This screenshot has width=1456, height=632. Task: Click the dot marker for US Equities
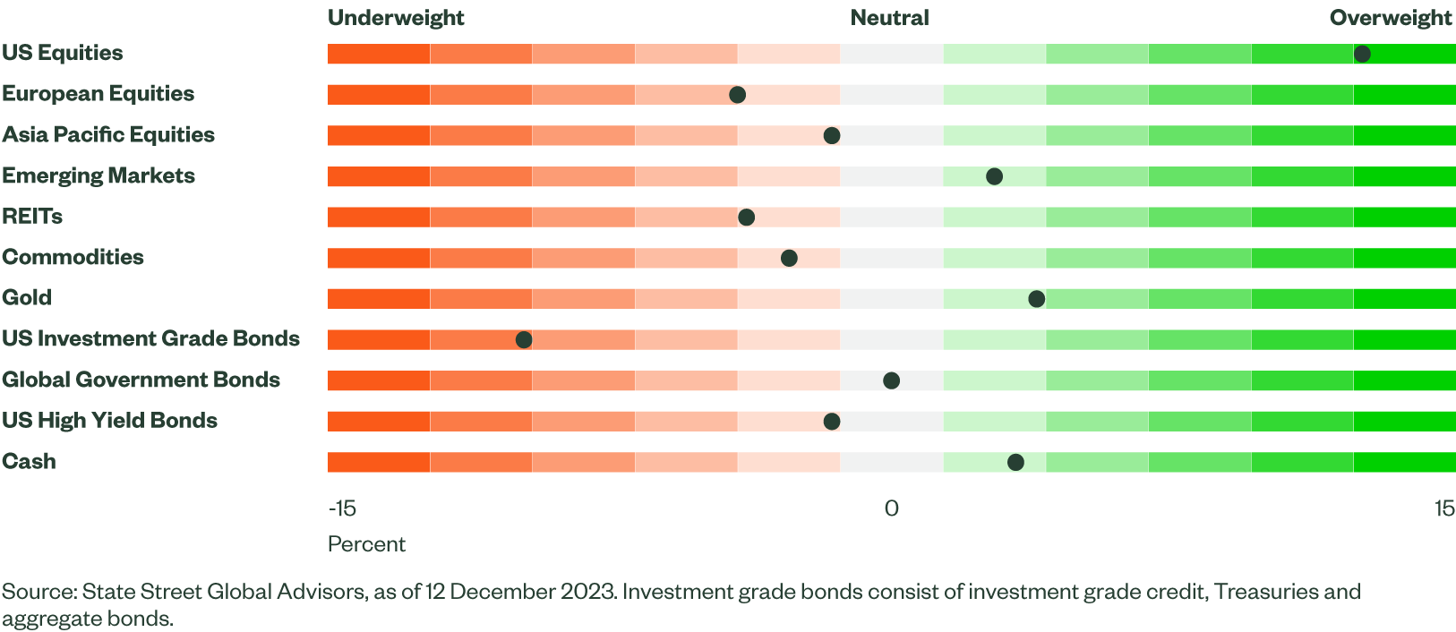tap(1362, 54)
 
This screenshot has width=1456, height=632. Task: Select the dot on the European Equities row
tap(737, 95)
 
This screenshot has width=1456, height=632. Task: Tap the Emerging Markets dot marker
tap(994, 176)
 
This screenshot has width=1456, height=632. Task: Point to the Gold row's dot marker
tap(1036, 299)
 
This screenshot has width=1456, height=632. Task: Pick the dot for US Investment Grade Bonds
tap(524, 340)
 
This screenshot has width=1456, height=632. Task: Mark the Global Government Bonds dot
tap(891, 380)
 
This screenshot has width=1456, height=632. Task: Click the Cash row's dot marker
tap(1015, 463)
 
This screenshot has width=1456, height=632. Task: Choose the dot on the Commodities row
tap(789, 259)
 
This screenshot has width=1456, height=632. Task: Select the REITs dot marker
tap(746, 218)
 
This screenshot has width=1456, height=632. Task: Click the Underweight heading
tap(396, 18)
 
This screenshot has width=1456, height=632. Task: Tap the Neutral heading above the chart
tap(889, 18)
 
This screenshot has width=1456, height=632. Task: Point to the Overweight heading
tap(1391, 18)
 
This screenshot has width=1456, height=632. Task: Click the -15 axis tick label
tap(342, 508)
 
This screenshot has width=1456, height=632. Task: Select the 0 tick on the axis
tap(891, 508)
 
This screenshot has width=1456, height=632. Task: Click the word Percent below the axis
tap(366, 544)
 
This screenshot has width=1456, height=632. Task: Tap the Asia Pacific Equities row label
tap(108, 135)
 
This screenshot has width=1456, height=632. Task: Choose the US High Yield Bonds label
tap(109, 421)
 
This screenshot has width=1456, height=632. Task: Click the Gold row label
tap(27, 298)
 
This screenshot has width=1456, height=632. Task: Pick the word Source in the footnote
tap(39, 592)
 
